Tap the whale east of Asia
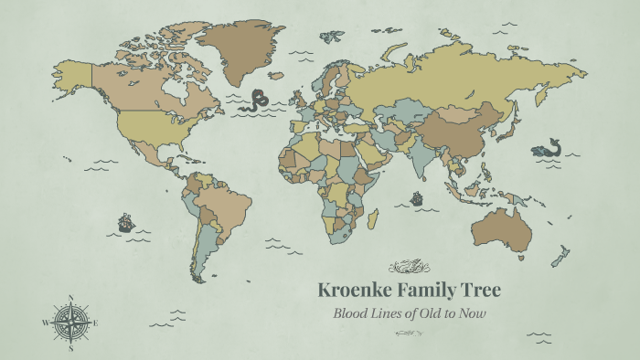coord(547,148)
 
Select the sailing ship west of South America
coord(125,222)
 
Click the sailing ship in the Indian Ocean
coord(417,197)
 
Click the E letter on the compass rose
coord(95,323)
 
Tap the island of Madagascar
coord(372,219)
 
